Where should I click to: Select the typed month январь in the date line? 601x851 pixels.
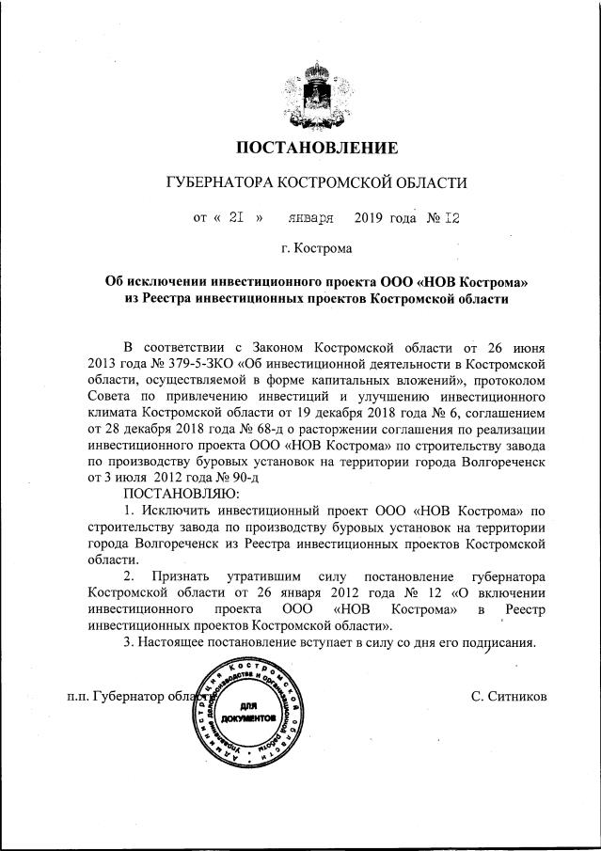pyautogui.click(x=311, y=217)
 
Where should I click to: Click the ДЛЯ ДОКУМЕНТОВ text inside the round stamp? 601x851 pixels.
pyautogui.click(x=247, y=711)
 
